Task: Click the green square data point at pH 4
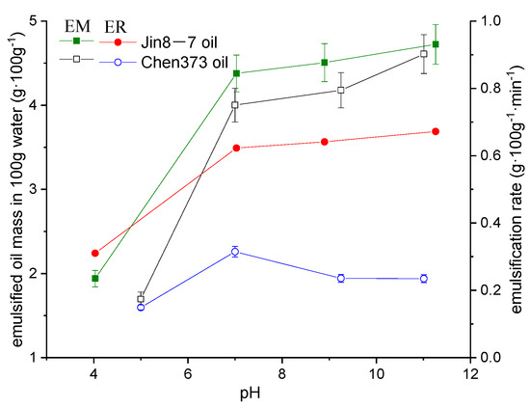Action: (x=94, y=279)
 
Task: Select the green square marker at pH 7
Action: (x=236, y=73)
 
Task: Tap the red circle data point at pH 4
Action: (x=94, y=253)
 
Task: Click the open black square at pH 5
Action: (x=142, y=299)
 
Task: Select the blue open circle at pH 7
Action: (x=235, y=252)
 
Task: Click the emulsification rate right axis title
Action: (x=518, y=188)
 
